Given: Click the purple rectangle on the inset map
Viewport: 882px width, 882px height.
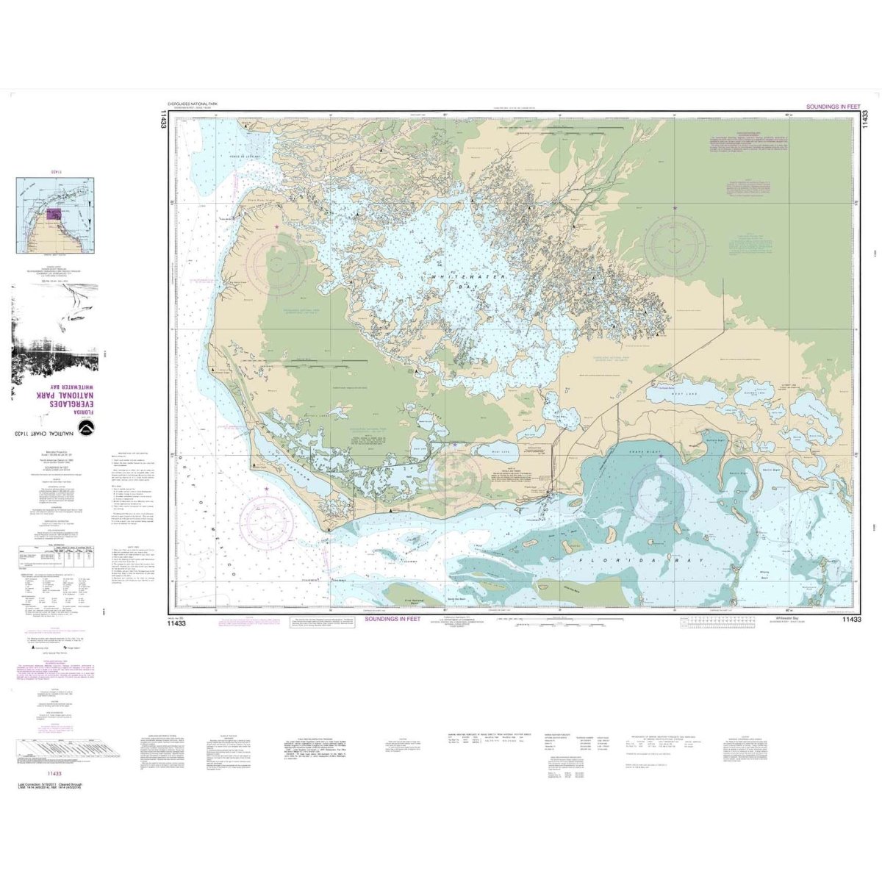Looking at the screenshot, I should (54, 215).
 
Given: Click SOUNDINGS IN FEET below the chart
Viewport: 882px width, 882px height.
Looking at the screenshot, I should (396, 620).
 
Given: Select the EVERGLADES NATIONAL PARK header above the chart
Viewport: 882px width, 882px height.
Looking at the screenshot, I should (200, 106).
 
